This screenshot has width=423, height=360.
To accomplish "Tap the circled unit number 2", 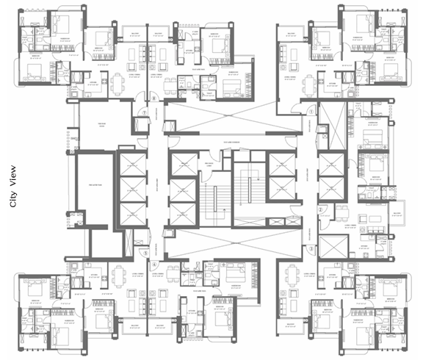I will [x=321, y=209].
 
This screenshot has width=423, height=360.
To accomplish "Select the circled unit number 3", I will [x=311, y=249].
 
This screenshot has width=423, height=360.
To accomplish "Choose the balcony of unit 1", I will [x=292, y=34].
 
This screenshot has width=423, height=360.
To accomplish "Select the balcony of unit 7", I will [x=135, y=34].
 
